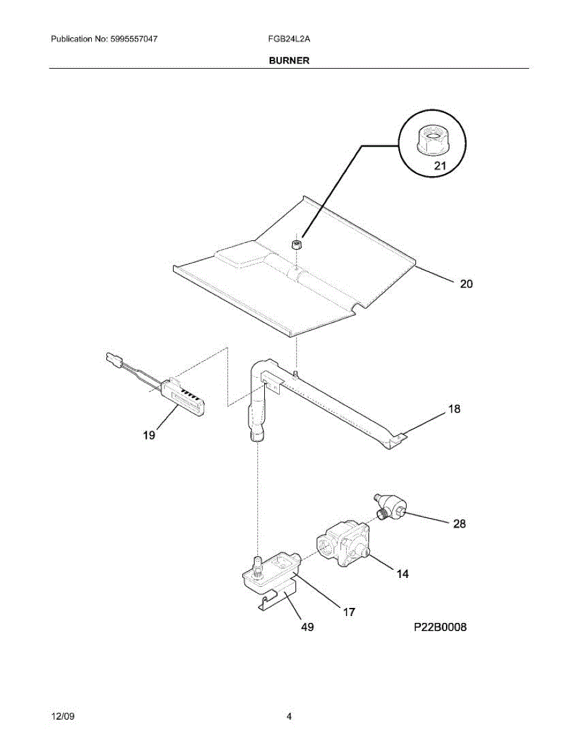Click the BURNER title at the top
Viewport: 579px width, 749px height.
click(289, 61)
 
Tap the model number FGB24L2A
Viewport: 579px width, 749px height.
click(289, 39)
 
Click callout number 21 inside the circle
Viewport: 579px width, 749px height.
click(440, 167)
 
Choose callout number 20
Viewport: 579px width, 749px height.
click(466, 284)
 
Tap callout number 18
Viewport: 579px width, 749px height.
click(454, 409)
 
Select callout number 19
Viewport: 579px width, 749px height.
click(149, 436)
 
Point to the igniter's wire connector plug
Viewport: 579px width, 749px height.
click(113, 359)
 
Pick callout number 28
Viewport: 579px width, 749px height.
click(459, 524)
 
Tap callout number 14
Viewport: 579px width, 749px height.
click(403, 574)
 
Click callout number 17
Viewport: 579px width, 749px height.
click(349, 612)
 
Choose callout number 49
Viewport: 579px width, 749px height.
click(307, 628)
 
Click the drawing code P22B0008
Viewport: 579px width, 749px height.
click(440, 627)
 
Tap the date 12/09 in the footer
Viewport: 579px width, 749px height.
click(62, 717)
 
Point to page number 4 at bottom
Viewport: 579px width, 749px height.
click(289, 717)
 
